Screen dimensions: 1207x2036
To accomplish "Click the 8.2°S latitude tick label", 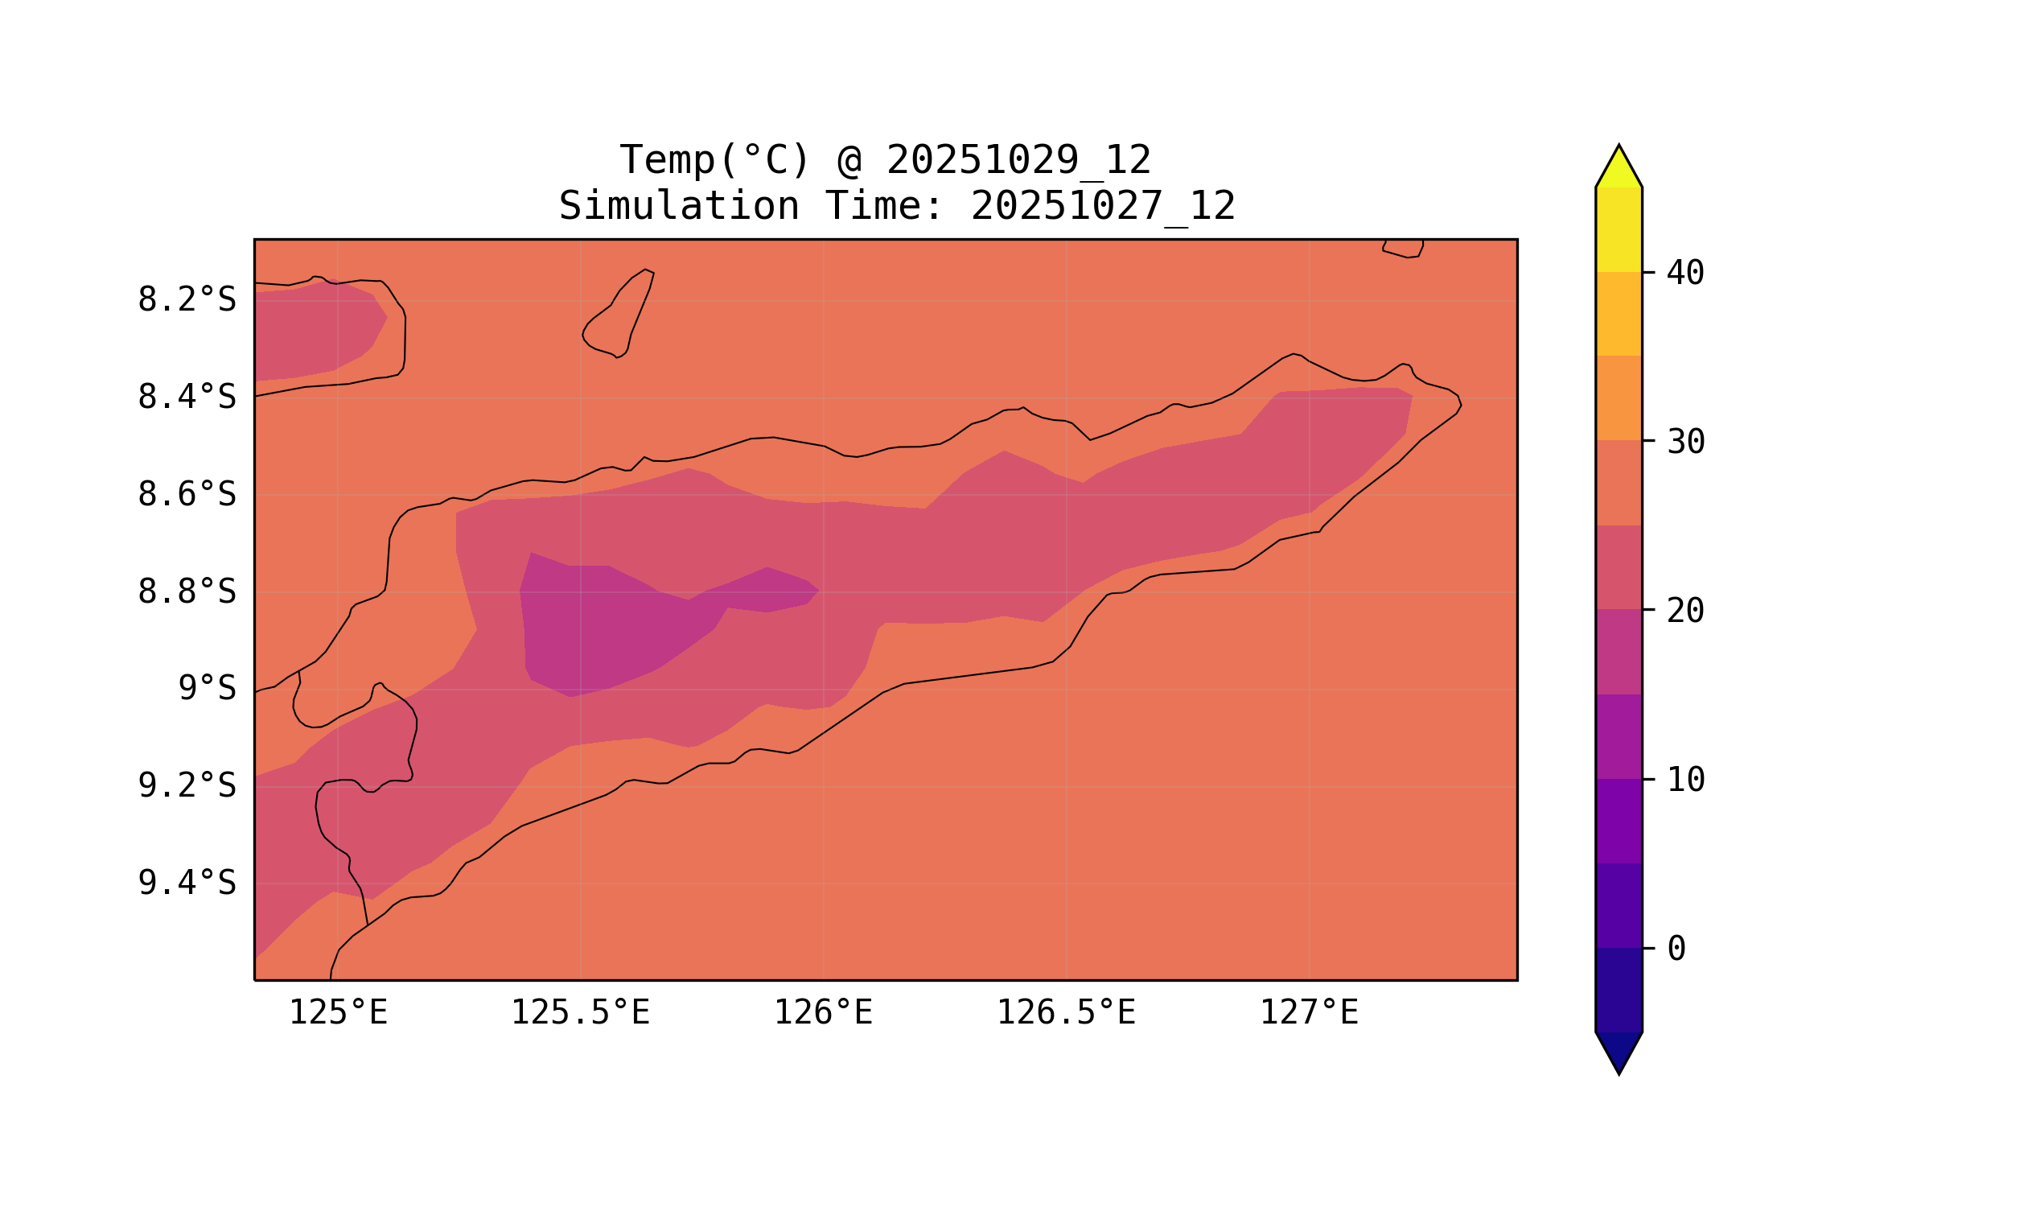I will [186, 300].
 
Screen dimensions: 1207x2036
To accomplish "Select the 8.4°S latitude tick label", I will [186, 398].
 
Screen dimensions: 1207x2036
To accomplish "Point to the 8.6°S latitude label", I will [186, 495].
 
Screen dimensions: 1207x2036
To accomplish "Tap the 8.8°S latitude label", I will [186, 592].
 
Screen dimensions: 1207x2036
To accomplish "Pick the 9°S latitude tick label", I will [207, 688].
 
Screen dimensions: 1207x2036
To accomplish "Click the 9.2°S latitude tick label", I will [186, 785].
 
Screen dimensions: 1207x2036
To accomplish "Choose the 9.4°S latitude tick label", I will [186, 883].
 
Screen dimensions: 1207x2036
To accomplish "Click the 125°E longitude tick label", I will [338, 1012].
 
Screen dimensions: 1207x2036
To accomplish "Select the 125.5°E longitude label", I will [580, 1012].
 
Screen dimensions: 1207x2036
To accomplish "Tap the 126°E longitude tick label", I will [823, 1012].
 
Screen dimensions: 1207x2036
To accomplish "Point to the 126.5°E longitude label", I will [1066, 1012].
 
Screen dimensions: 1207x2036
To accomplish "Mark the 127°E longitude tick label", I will [1309, 1012].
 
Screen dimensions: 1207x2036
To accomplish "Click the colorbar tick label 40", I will [1685, 274].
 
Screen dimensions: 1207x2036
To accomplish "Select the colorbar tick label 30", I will [1685, 443].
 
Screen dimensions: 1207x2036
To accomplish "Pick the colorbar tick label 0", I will [1676, 950].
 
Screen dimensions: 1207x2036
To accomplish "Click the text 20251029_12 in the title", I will [1018, 160].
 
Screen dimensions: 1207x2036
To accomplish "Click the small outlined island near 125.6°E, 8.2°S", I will [619, 315].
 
